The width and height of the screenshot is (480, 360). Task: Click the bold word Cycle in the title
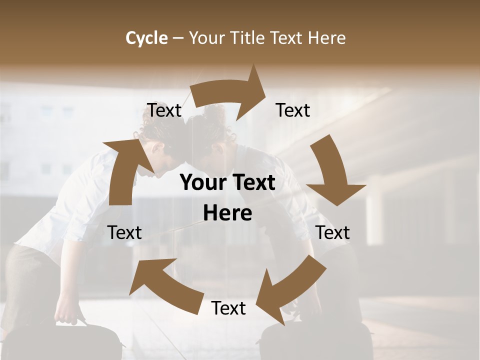pos(146,38)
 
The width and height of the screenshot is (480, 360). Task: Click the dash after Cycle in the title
pos(178,38)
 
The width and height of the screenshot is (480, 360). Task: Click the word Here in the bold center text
pos(227,213)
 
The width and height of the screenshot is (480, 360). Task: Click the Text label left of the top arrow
pos(164,110)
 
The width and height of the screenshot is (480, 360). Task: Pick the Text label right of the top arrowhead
pos(293,110)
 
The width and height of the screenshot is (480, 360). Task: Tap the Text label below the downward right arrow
pos(332,232)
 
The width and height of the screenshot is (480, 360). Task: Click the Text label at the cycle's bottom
pos(228,308)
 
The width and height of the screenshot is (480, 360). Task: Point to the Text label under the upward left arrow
pos(124,232)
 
